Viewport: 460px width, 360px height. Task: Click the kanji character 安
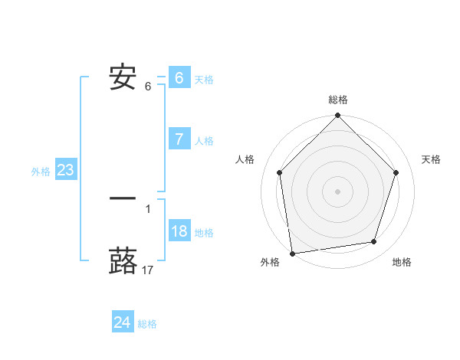[x=123, y=77]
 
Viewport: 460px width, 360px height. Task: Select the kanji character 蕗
[x=123, y=260]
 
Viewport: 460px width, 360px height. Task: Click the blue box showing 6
[x=179, y=77]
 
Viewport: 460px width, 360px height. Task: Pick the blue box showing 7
[x=179, y=139]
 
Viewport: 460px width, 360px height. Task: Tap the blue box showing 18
[x=179, y=231]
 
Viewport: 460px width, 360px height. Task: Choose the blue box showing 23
[x=65, y=170]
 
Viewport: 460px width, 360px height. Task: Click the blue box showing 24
[x=122, y=322]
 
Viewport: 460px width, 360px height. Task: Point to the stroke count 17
[x=148, y=270]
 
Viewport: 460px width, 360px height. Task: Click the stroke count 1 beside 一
[x=148, y=208]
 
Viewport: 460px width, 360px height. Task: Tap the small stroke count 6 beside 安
[x=148, y=87]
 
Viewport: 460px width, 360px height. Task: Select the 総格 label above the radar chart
[x=338, y=100]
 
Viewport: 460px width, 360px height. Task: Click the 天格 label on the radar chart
[x=432, y=159]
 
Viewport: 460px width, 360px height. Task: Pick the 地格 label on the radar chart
[x=402, y=262]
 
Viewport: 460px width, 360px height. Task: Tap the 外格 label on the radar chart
[x=270, y=262]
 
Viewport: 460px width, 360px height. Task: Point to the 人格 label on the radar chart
[x=245, y=159]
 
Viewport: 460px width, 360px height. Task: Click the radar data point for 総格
[x=338, y=116]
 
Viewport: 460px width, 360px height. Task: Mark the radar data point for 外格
[x=292, y=253]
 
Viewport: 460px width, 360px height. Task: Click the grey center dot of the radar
[x=338, y=191]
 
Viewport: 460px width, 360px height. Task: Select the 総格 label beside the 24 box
[x=147, y=324]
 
